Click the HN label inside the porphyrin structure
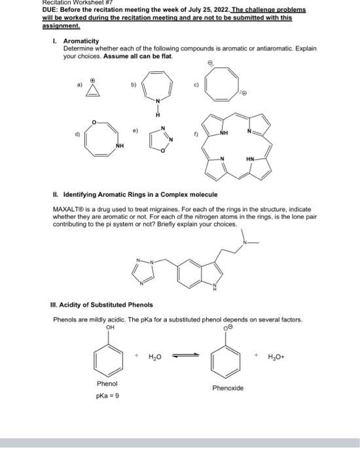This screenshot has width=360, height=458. click(251, 158)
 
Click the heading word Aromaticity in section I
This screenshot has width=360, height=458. click(81, 40)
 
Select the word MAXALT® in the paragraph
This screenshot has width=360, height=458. click(68, 209)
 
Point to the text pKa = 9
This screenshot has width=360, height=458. click(107, 396)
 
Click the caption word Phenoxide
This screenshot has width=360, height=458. click(228, 388)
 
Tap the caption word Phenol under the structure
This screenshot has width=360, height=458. click(107, 383)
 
